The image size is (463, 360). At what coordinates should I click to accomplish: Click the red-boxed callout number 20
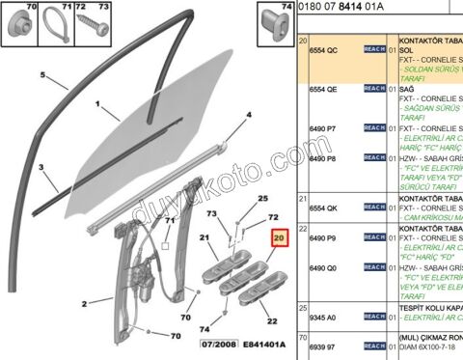(280, 236)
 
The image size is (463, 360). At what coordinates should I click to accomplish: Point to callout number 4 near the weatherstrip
(248, 115)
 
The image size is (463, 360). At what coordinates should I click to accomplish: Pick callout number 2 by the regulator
(84, 304)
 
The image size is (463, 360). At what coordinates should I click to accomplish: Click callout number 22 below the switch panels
(271, 320)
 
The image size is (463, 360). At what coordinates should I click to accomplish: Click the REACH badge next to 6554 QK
(374, 207)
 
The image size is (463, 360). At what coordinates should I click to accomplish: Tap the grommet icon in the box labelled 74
(279, 26)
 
